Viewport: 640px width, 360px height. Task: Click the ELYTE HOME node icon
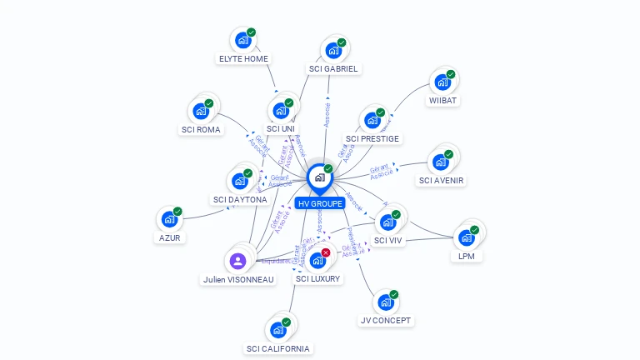pyautogui.click(x=243, y=40)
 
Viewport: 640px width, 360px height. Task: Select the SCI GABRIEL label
pyautogui.click(x=333, y=68)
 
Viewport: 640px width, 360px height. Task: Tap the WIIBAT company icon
pyautogui.click(x=442, y=82)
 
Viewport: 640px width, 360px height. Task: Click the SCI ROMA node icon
pyautogui.click(x=200, y=111)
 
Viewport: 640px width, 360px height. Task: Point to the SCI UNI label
pyautogui.click(x=281, y=128)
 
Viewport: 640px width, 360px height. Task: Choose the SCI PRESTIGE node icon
pyautogui.click(x=372, y=119)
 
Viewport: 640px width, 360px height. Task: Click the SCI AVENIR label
pyautogui.click(x=442, y=180)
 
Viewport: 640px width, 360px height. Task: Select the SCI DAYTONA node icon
pyautogui.click(x=240, y=181)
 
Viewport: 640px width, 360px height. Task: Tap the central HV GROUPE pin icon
pyautogui.click(x=319, y=177)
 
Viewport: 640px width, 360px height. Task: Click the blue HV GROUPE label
pyautogui.click(x=319, y=203)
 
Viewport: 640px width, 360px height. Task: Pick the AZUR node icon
pyautogui.click(x=169, y=219)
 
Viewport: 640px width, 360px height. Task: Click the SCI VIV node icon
pyautogui.click(x=387, y=222)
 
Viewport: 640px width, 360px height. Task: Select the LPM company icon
pyautogui.click(x=466, y=237)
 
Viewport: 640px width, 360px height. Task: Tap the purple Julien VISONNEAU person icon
pyautogui.click(x=238, y=261)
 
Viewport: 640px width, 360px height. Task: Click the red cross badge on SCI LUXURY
pyautogui.click(x=326, y=252)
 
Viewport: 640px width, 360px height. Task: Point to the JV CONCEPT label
pyautogui.click(x=386, y=320)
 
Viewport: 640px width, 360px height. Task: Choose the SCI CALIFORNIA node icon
pyautogui.click(x=277, y=330)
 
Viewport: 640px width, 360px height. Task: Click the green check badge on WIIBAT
pyautogui.click(x=451, y=74)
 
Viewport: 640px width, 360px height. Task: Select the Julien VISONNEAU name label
pyautogui.click(x=238, y=280)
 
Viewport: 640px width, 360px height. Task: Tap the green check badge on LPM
pyautogui.click(x=475, y=229)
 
